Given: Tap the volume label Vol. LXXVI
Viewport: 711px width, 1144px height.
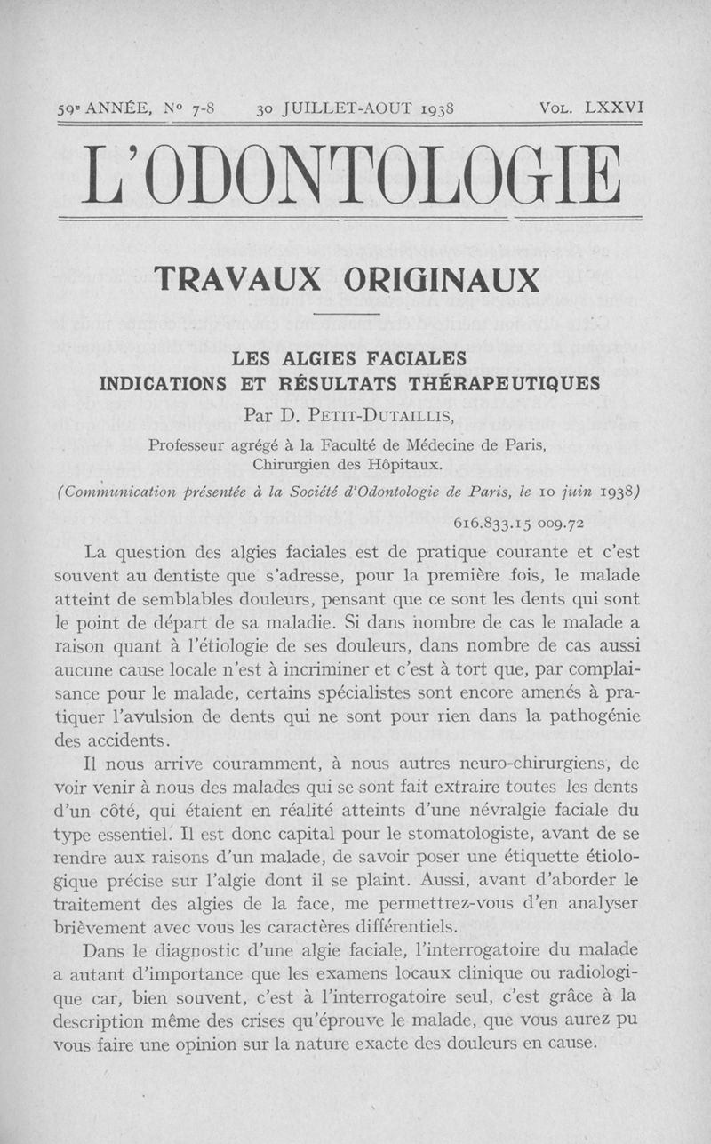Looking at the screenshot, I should click(591, 109).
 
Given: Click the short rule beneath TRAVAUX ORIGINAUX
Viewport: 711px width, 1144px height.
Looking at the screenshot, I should click(348, 315).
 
